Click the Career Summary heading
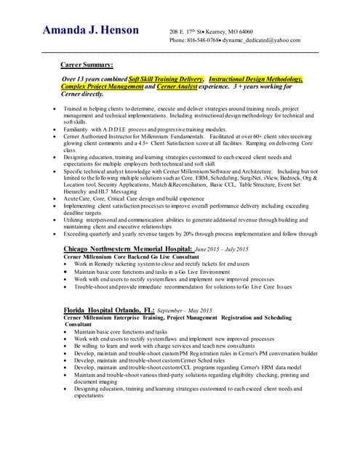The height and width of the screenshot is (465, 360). click(x=86, y=65)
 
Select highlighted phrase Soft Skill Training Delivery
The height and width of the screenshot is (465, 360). click(x=167, y=78)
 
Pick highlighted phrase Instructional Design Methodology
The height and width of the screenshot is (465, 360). click(x=255, y=78)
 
